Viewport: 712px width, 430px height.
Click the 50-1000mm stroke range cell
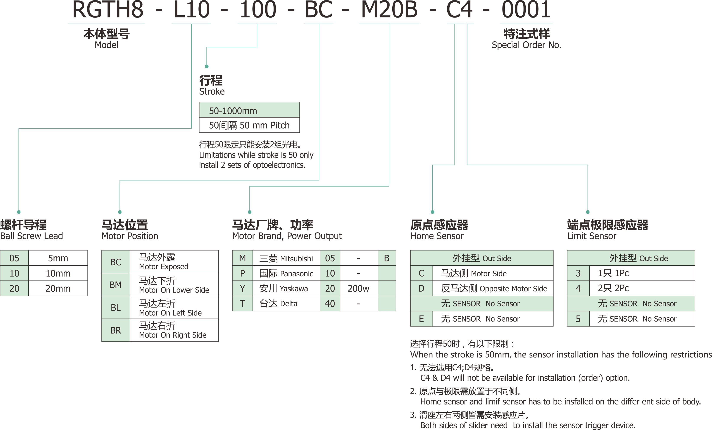point(249,110)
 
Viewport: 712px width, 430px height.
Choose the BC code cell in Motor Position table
point(116,262)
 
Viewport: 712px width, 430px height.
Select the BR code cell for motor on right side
point(116,330)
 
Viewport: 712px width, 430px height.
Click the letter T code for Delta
point(242,303)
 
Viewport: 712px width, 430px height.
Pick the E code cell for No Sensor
point(421,319)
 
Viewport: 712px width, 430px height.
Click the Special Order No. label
point(527,45)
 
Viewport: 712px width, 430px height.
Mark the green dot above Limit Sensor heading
point(588,212)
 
